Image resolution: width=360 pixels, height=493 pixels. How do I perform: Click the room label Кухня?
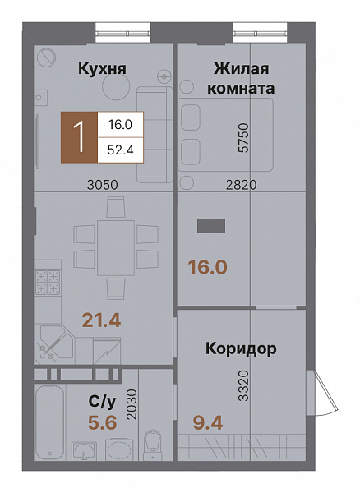[102, 70]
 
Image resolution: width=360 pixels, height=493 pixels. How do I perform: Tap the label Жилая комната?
[242, 78]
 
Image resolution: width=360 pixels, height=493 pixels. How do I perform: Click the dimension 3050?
[104, 185]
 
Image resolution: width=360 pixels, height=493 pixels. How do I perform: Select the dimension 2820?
[242, 185]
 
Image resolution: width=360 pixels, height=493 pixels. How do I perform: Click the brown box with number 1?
[80, 136]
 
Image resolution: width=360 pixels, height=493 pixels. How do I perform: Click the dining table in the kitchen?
[117, 246]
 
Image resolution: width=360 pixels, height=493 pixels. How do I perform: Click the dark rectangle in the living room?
[211, 224]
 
